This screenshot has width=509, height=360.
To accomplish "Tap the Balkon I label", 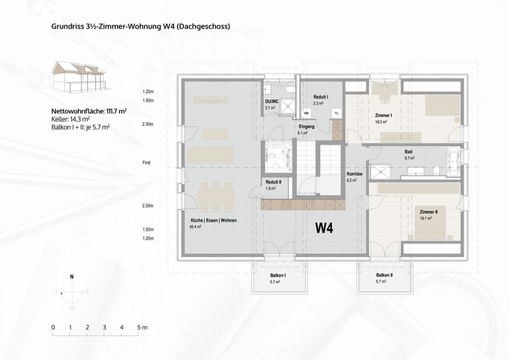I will tap(277, 275).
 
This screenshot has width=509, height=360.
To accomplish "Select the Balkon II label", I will tap(384, 275).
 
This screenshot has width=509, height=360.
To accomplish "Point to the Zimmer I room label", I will tap(383, 116).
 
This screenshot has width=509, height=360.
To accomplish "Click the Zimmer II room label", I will tap(429, 211).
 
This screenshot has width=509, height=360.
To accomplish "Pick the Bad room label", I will tap(408, 152).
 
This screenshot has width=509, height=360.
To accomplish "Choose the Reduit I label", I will tap(320, 97).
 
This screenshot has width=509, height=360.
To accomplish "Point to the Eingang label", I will tap(306, 126).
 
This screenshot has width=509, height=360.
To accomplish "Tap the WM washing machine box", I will tap(307, 112).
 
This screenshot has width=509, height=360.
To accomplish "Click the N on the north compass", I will tap(72, 276).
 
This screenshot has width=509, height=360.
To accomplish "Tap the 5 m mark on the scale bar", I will tap(139, 327).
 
